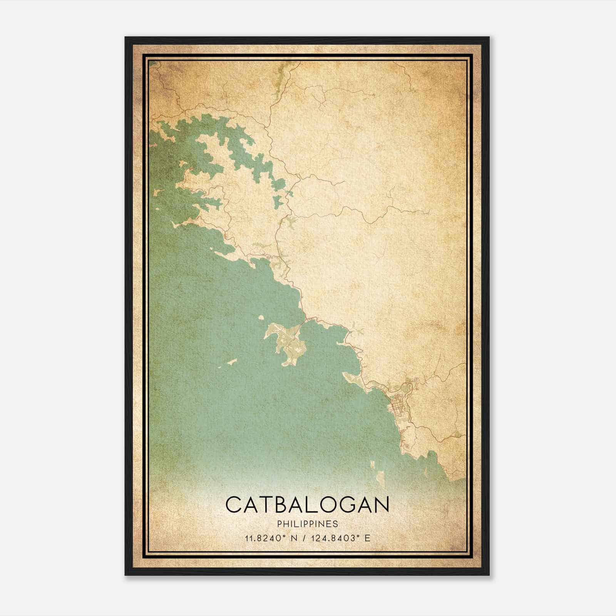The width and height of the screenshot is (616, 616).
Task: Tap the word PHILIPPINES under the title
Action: point(307,524)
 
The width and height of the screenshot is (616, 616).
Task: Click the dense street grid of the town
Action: point(397,407)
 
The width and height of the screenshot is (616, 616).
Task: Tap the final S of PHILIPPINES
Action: point(336,524)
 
